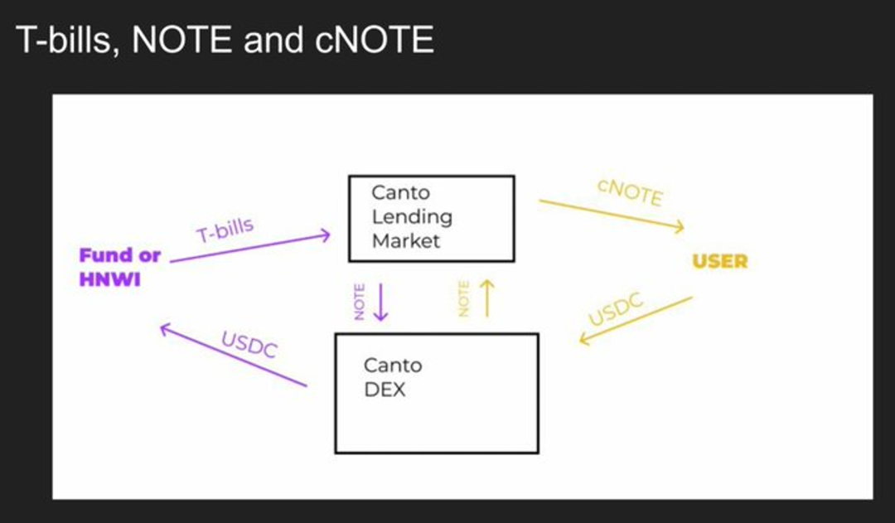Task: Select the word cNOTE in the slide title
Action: [374, 40]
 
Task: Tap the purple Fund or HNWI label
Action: [120, 267]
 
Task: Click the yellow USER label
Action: [720, 262]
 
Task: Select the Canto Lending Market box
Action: [432, 219]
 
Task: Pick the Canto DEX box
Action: [437, 394]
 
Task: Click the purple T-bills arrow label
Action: [225, 230]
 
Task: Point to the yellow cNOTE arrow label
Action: [630, 191]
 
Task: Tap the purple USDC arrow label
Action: [249, 344]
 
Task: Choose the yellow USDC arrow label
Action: [616, 309]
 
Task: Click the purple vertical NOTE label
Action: [359, 302]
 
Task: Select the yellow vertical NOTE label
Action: [463, 298]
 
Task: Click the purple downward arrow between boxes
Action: [380, 302]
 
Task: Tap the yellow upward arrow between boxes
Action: [487, 298]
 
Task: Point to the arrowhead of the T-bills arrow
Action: [327, 235]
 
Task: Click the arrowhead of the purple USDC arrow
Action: [166, 328]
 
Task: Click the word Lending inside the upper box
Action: [412, 217]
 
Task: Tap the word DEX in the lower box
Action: [385, 390]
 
